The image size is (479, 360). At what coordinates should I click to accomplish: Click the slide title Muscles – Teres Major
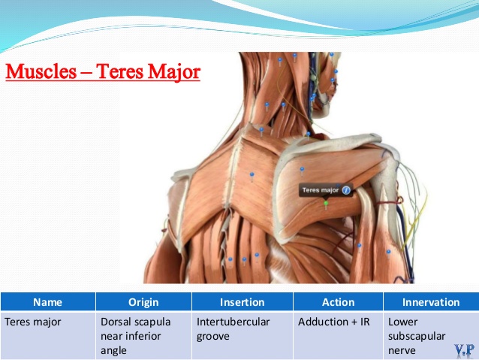point(103,72)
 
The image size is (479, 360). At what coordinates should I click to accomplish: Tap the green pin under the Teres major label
point(326,204)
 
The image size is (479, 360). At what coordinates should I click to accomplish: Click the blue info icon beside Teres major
point(346,191)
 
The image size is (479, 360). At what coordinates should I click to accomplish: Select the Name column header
point(47,302)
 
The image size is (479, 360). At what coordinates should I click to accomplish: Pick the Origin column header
point(143,302)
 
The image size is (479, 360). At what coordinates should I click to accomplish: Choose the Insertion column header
point(243,302)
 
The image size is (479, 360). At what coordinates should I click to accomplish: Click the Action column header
point(338,302)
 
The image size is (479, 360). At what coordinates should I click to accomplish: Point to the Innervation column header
point(431,302)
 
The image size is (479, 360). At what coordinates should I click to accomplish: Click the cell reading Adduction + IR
point(334,322)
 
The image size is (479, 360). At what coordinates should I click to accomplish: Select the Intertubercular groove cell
point(233,329)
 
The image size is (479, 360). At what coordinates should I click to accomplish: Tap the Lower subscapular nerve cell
point(417,336)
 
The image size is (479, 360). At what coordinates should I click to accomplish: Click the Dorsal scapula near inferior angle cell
point(136,336)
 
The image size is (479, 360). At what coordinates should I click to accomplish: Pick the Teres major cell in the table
point(33,322)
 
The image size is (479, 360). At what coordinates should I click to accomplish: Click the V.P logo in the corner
point(464,350)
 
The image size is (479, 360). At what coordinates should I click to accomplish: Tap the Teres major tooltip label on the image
point(321,190)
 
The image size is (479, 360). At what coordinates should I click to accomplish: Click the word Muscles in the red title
point(41,72)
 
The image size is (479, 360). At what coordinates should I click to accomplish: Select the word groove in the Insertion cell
point(213,337)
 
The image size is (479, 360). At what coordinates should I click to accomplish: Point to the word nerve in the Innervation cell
point(402,351)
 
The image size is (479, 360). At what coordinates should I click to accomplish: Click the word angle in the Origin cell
point(113,351)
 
